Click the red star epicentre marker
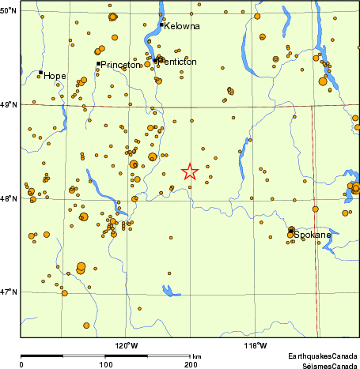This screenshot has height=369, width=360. click(x=189, y=171)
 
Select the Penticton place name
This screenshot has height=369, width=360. click(x=178, y=62)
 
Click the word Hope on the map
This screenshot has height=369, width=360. click(x=55, y=76)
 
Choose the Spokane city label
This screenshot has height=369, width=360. click(x=313, y=235)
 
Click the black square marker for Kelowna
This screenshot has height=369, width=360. click(x=161, y=24)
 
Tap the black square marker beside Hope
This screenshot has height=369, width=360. click(x=40, y=73)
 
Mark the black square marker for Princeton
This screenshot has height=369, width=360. click(x=98, y=63)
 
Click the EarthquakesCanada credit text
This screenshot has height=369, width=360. click(x=322, y=357)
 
